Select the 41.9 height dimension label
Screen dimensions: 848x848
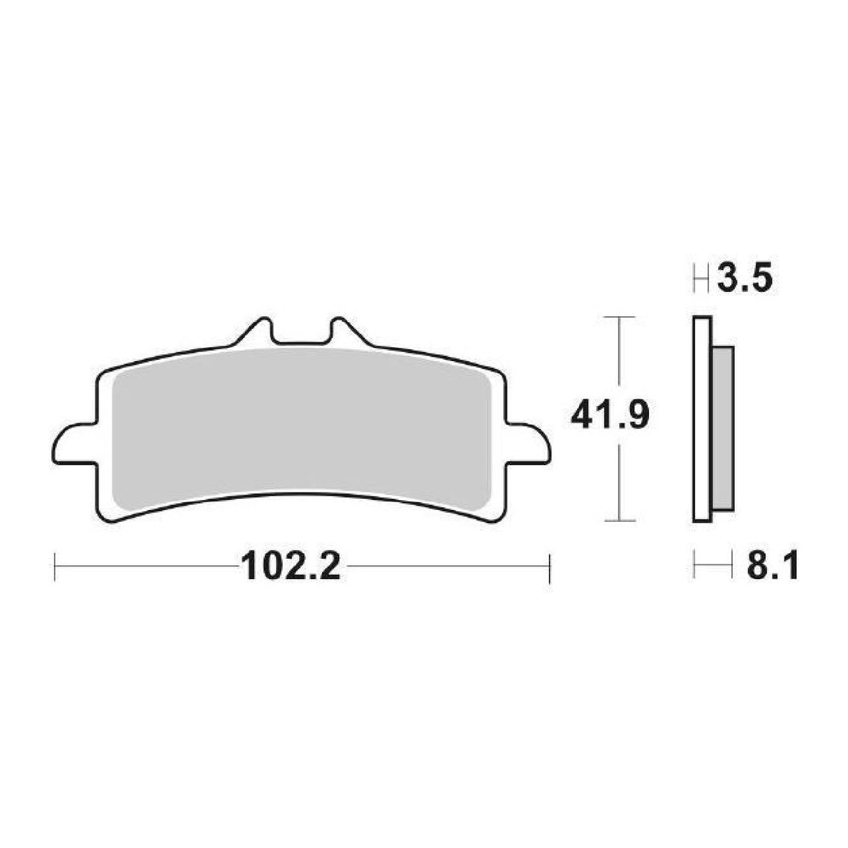pos(611,417)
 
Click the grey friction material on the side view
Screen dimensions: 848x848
pos(722,427)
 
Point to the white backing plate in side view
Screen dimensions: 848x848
pos(702,419)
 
